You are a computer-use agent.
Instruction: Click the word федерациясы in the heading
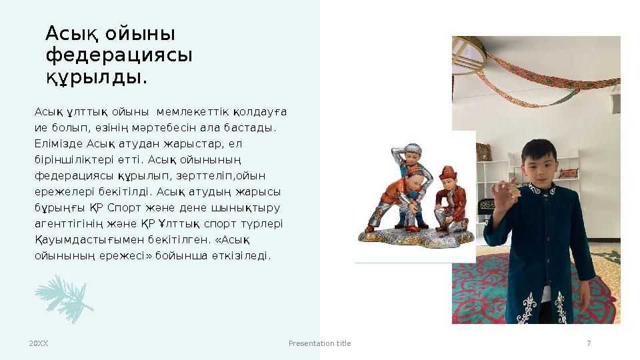[x=119, y=55]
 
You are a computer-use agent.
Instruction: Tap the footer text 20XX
[x=39, y=343]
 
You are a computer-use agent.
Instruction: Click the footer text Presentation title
[x=319, y=343]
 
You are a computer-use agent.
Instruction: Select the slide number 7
[x=589, y=343]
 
